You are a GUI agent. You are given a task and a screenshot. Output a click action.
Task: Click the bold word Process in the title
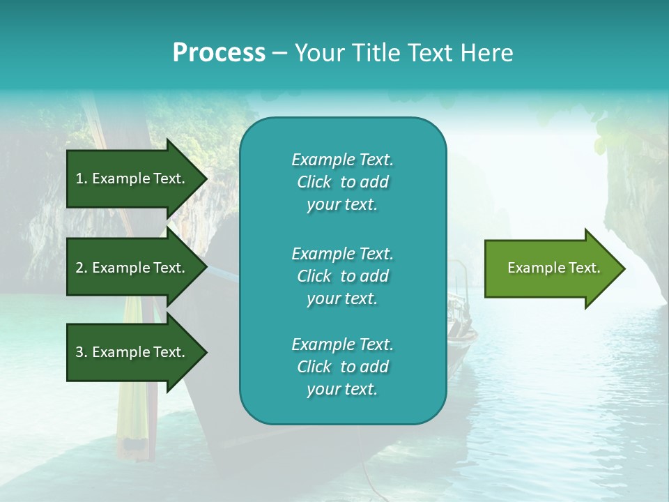coord(219,53)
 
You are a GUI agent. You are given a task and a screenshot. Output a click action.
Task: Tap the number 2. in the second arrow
coord(82,268)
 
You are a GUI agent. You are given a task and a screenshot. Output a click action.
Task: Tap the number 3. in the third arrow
coord(82,352)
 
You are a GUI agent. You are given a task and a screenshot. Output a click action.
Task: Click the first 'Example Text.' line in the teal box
coord(342,160)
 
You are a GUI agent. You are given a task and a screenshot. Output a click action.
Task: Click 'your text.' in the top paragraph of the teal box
coord(342,205)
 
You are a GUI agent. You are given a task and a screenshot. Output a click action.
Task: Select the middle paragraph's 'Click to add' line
coord(342,276)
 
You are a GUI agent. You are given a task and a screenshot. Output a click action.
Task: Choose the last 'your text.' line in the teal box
coord(342,390)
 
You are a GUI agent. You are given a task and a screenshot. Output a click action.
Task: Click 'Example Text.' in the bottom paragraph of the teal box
coord(342,344)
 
